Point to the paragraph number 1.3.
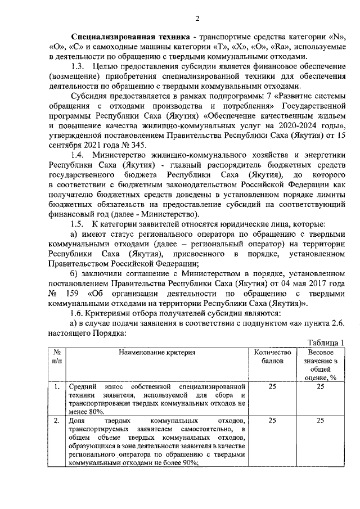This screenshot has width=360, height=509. click(x=79, y=67)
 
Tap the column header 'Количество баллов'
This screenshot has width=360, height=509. click(x=272, y=357)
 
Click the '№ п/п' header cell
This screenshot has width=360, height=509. click(x=57, y=357)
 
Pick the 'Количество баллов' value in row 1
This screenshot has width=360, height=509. click(x=272, y=387)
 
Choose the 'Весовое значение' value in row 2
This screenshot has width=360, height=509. click(x=320, y=420)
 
